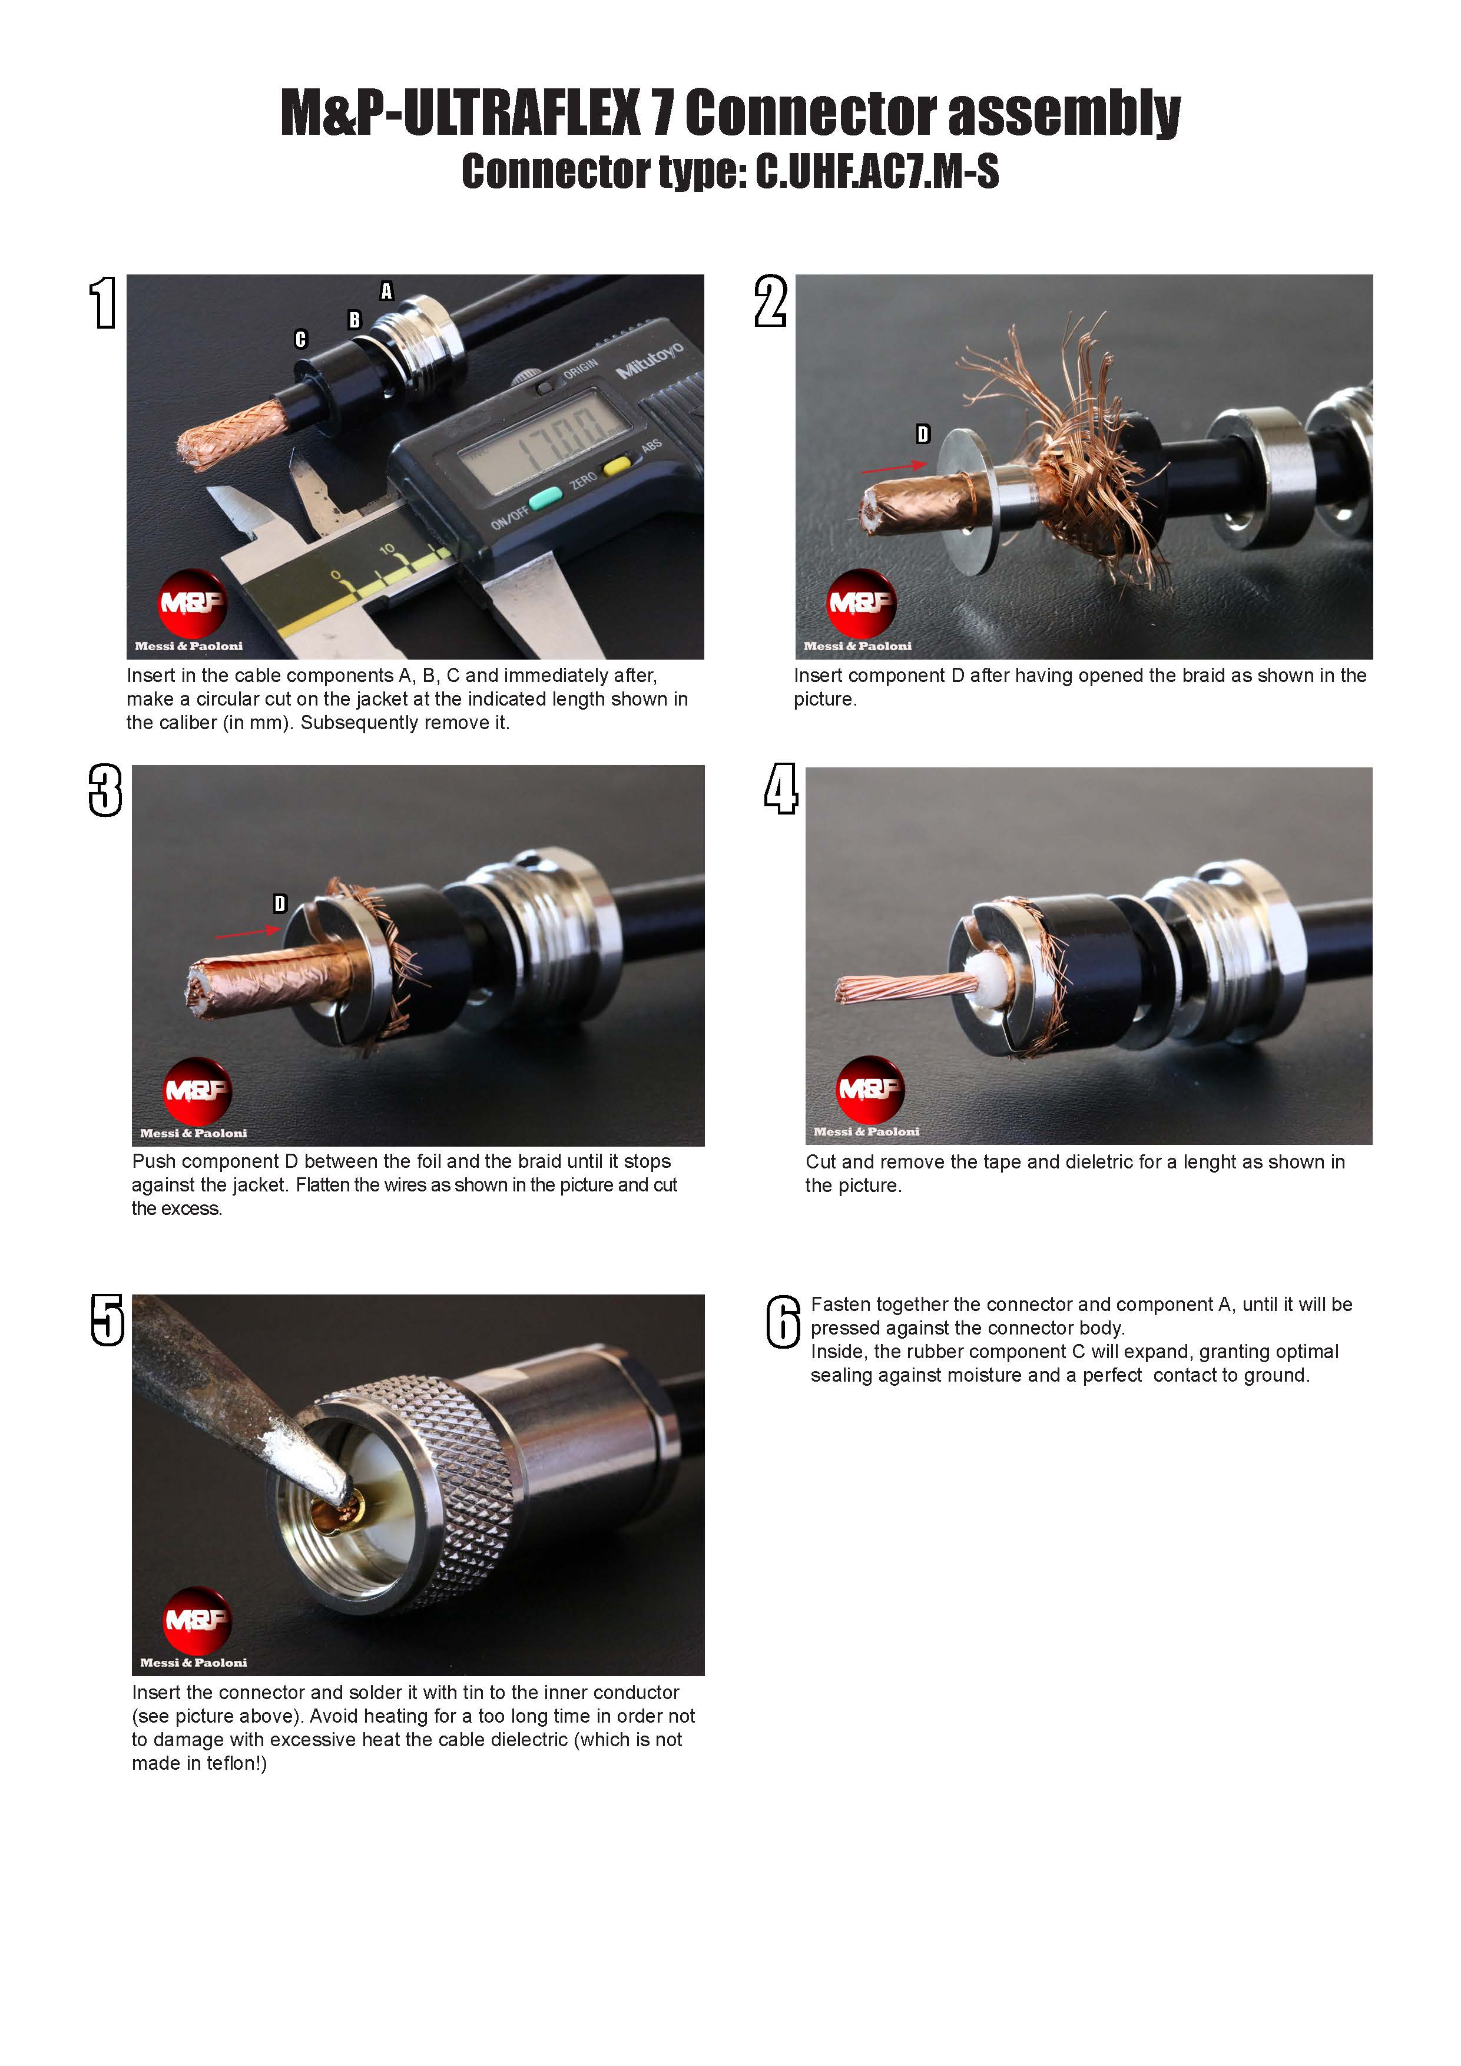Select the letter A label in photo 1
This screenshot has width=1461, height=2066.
pyautogui.click(x=387, y=291)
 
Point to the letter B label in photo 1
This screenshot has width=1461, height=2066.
pyautogui.click(x=355, y=319)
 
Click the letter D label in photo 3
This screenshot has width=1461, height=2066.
pyautogui.click(x=280, y=903)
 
